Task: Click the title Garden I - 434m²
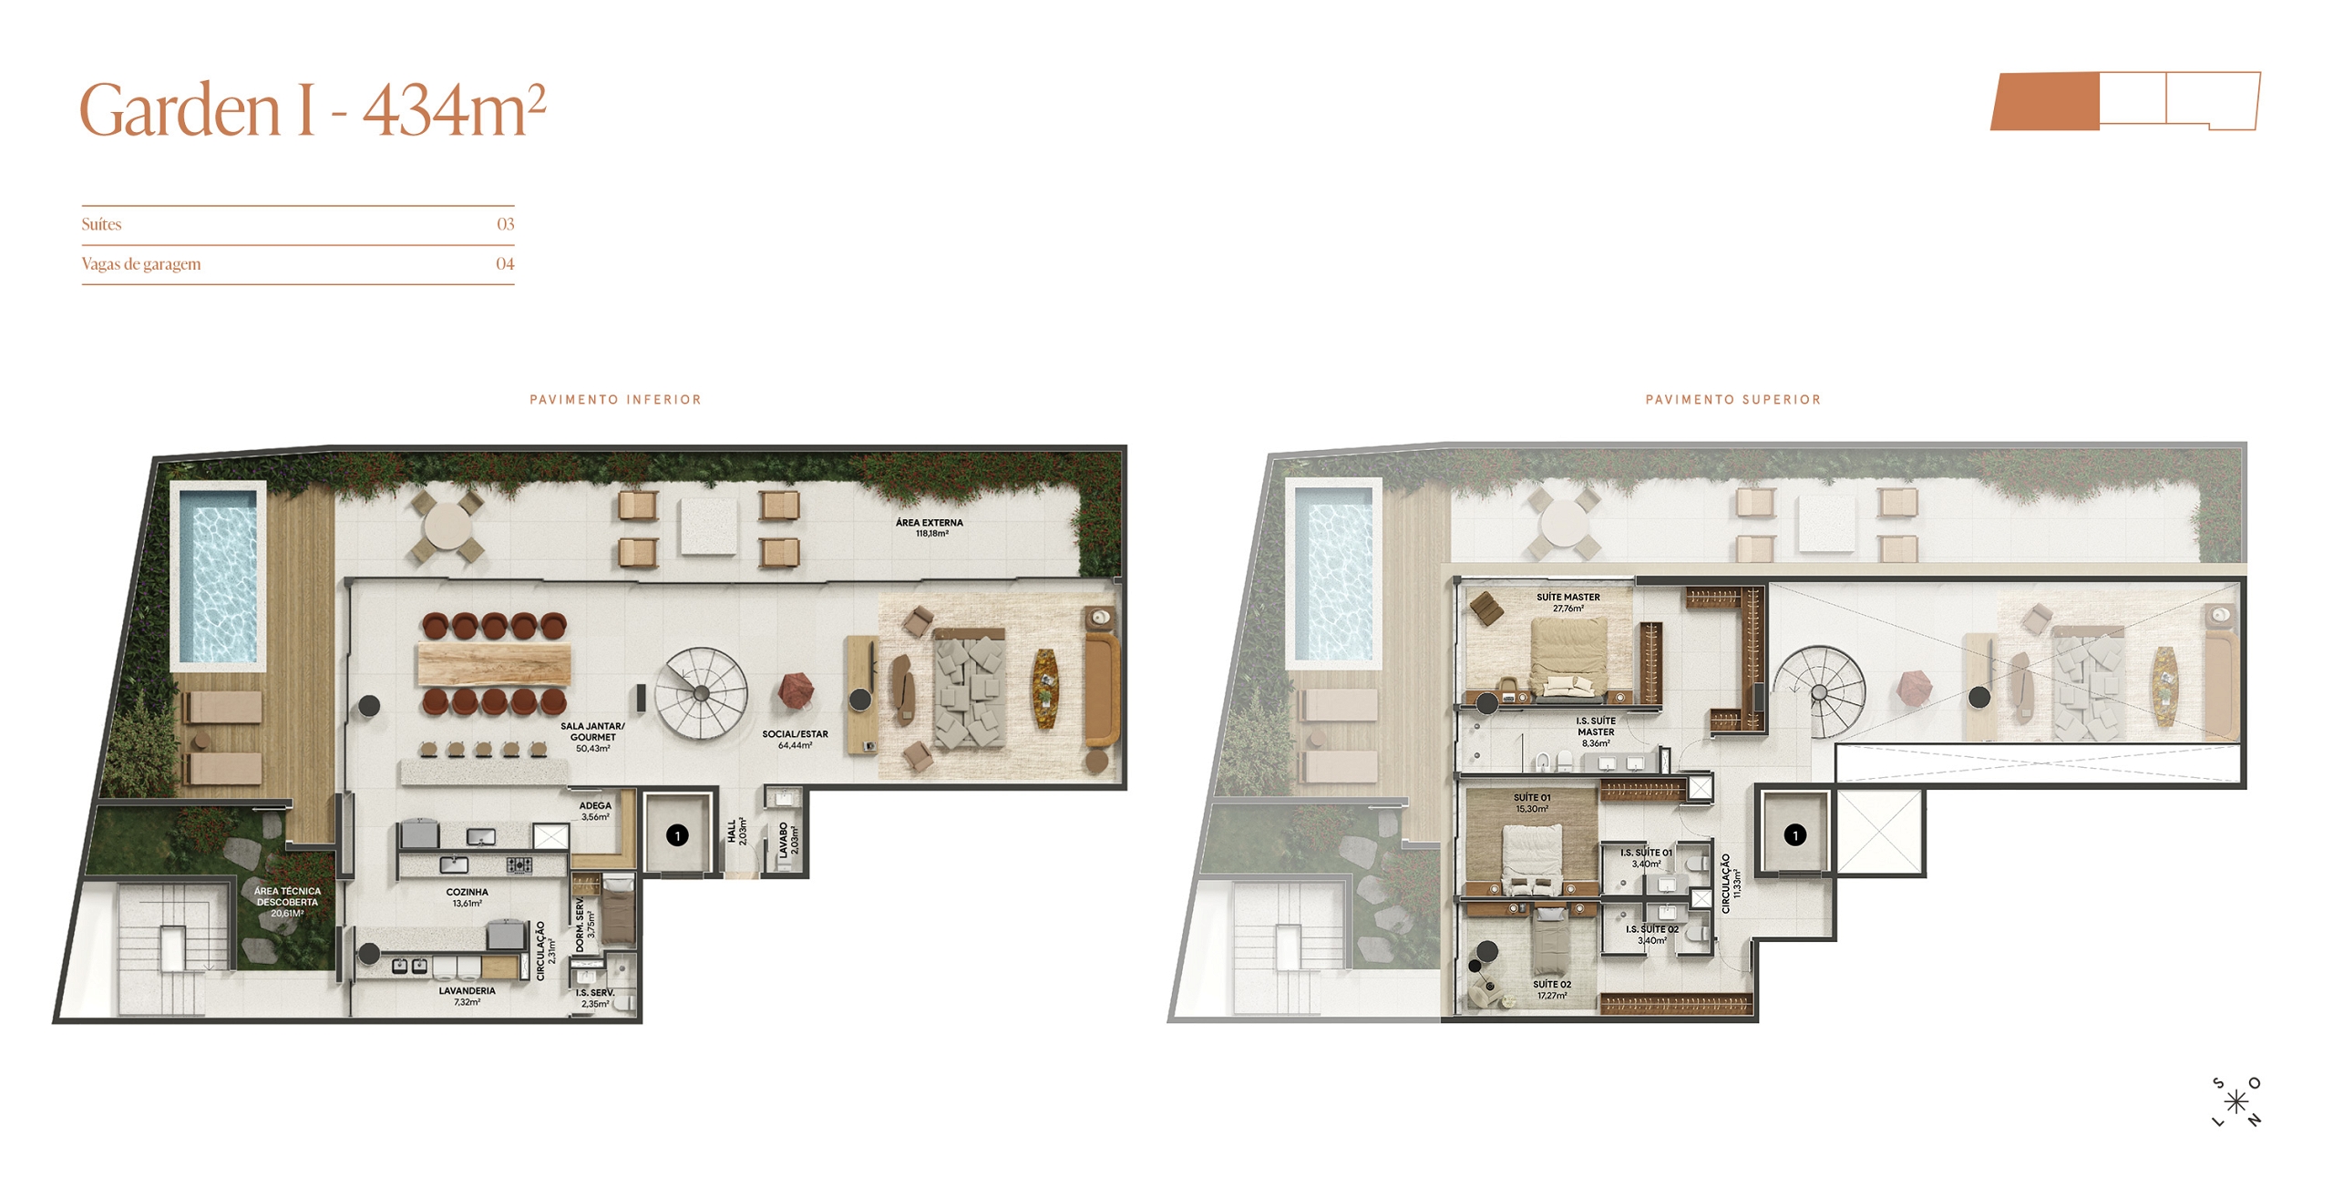(x=313, y=110)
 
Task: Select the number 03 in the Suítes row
(x=505, y=224)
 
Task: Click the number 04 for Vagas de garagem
(x=505, y=263)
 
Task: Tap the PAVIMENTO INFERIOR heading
(x=615, y=399)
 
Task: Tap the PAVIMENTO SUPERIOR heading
(x=1732, y=399)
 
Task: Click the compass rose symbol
(x=2236, y=1102)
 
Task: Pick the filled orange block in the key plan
(x=2045, y=101)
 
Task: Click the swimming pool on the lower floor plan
(x=218, y=575)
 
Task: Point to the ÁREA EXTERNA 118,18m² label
(x=930, y=527)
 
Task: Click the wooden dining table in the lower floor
(x=494, y=663)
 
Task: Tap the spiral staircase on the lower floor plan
(x=701, y=692)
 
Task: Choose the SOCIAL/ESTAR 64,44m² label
(x=795, y=739)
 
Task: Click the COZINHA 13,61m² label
(x=467, y=897)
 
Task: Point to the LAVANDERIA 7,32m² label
(x=467, y=996)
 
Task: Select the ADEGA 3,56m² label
(x=595, y=811)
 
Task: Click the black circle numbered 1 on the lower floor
(x=677, y=835)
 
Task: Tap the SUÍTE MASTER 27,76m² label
(x=1567, y=602)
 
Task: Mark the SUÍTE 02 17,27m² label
(x=1551, y=989)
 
